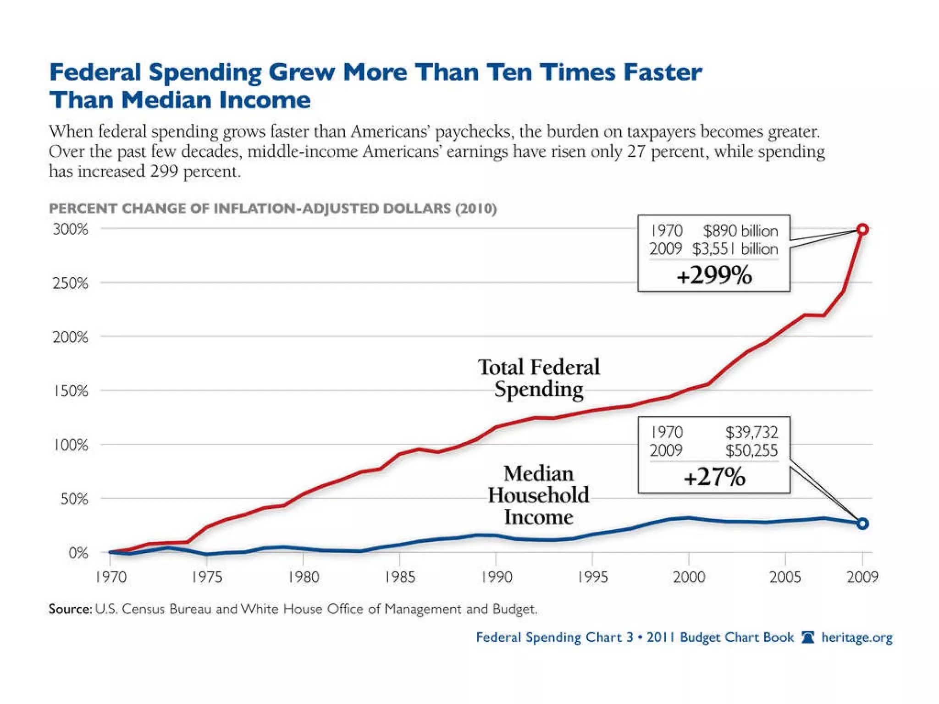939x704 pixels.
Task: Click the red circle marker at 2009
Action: pos(862,229)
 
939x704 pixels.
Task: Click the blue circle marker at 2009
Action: pos(862,523)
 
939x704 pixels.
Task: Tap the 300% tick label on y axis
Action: pos(70,229)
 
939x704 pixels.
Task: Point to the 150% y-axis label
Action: pos(70,391)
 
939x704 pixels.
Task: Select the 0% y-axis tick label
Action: pos(78,553)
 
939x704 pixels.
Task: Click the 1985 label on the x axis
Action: pos(400,577)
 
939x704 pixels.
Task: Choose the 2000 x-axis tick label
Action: pos(689,577)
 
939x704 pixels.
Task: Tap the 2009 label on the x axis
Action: pos(862,577)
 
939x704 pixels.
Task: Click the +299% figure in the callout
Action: pos(714,275)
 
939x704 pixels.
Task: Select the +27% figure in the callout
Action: pos(714,477)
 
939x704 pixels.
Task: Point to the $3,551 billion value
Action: pos(735,249)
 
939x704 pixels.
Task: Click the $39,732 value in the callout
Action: pos(751,432)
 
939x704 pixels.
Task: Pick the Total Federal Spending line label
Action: pos(539,378)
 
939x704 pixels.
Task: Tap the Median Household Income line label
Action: pos(539,495)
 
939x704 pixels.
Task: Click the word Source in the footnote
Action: pos(70,609)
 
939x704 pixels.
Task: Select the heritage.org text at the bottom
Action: pos(856,638)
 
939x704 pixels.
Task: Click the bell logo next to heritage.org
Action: pos(807,637)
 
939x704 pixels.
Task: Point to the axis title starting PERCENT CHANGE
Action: pos(273,209)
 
